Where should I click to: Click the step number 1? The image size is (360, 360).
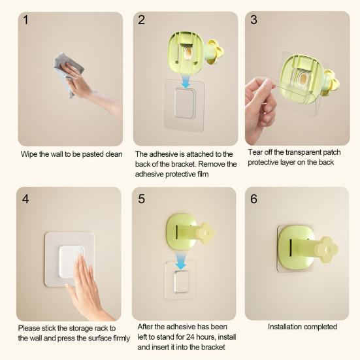(25, 20)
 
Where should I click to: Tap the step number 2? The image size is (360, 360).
(141, 20)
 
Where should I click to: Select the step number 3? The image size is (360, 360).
(254, 20)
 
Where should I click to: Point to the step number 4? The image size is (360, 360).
(25, 199)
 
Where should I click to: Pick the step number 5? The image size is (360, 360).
(141, 199)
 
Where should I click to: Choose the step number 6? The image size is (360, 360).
(254, 199)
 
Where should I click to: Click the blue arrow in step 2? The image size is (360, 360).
(186, 82)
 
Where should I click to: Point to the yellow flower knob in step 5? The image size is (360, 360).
(206, 233)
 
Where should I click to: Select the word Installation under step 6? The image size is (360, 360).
(284, 327)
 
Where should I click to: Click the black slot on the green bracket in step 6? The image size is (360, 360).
(291, 248)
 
